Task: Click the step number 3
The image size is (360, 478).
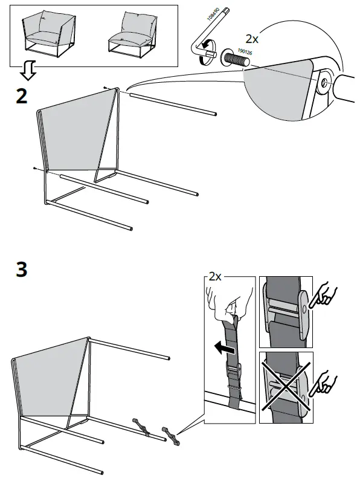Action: (21, 269)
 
